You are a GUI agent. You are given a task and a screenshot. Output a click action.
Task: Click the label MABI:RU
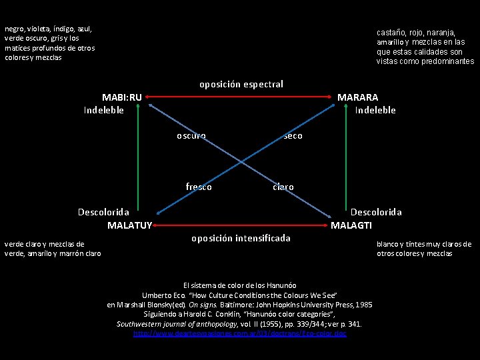tap(121, 97)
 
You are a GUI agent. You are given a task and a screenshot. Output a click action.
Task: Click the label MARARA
tap(357, 97)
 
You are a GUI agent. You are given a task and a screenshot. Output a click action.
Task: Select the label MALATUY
tap(130, 225)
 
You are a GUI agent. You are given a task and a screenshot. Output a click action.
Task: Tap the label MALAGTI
tap(351, 225)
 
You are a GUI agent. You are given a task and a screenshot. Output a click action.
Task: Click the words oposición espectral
tap(241, 84)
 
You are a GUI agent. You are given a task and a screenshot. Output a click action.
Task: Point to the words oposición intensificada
tap(241, 238)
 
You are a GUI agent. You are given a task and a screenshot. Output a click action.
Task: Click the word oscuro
tap(191, 136)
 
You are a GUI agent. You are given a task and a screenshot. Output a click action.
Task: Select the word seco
tap(293, 136)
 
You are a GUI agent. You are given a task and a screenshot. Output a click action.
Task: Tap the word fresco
tap(199, 187)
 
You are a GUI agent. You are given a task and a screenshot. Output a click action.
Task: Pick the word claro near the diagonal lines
tap(283, 187)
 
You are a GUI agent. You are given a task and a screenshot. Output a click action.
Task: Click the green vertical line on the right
tap(343, 160)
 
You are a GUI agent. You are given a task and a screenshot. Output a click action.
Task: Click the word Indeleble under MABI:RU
tap(104, 110)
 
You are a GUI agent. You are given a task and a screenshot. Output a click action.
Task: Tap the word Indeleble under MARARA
tap(375, 110)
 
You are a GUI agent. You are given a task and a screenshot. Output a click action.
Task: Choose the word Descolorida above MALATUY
tap(103, 212)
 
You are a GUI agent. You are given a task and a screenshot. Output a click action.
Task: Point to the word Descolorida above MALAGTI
tap(377, 212)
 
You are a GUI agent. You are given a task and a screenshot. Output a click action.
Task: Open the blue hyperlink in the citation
tap(240, 333)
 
